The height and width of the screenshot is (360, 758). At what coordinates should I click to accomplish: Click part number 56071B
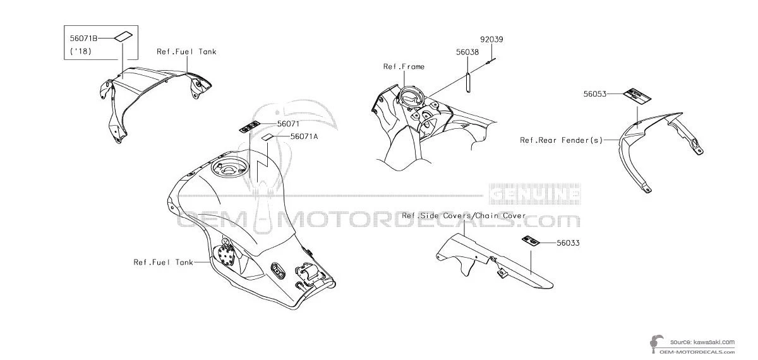(x=84, y=39)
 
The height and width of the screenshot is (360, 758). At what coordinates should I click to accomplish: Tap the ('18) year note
(x=81, y=51)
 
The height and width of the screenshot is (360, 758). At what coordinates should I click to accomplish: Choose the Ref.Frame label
(x=404, y=66)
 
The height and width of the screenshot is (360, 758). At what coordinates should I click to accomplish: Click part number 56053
(x=595, y=93)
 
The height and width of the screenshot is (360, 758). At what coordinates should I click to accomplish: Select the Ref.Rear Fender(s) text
(x=561, y=140)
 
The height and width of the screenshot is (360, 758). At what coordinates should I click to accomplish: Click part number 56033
(x=568, y=242)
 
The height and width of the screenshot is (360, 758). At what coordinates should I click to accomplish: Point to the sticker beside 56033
(x=531, y=241)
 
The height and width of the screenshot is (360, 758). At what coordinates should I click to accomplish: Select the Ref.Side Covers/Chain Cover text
(x=464, y=216)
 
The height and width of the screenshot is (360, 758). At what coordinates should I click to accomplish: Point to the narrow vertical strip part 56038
(x=468, y=83)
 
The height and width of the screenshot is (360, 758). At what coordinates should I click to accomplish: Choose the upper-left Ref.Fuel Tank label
(x=186, y=52)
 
